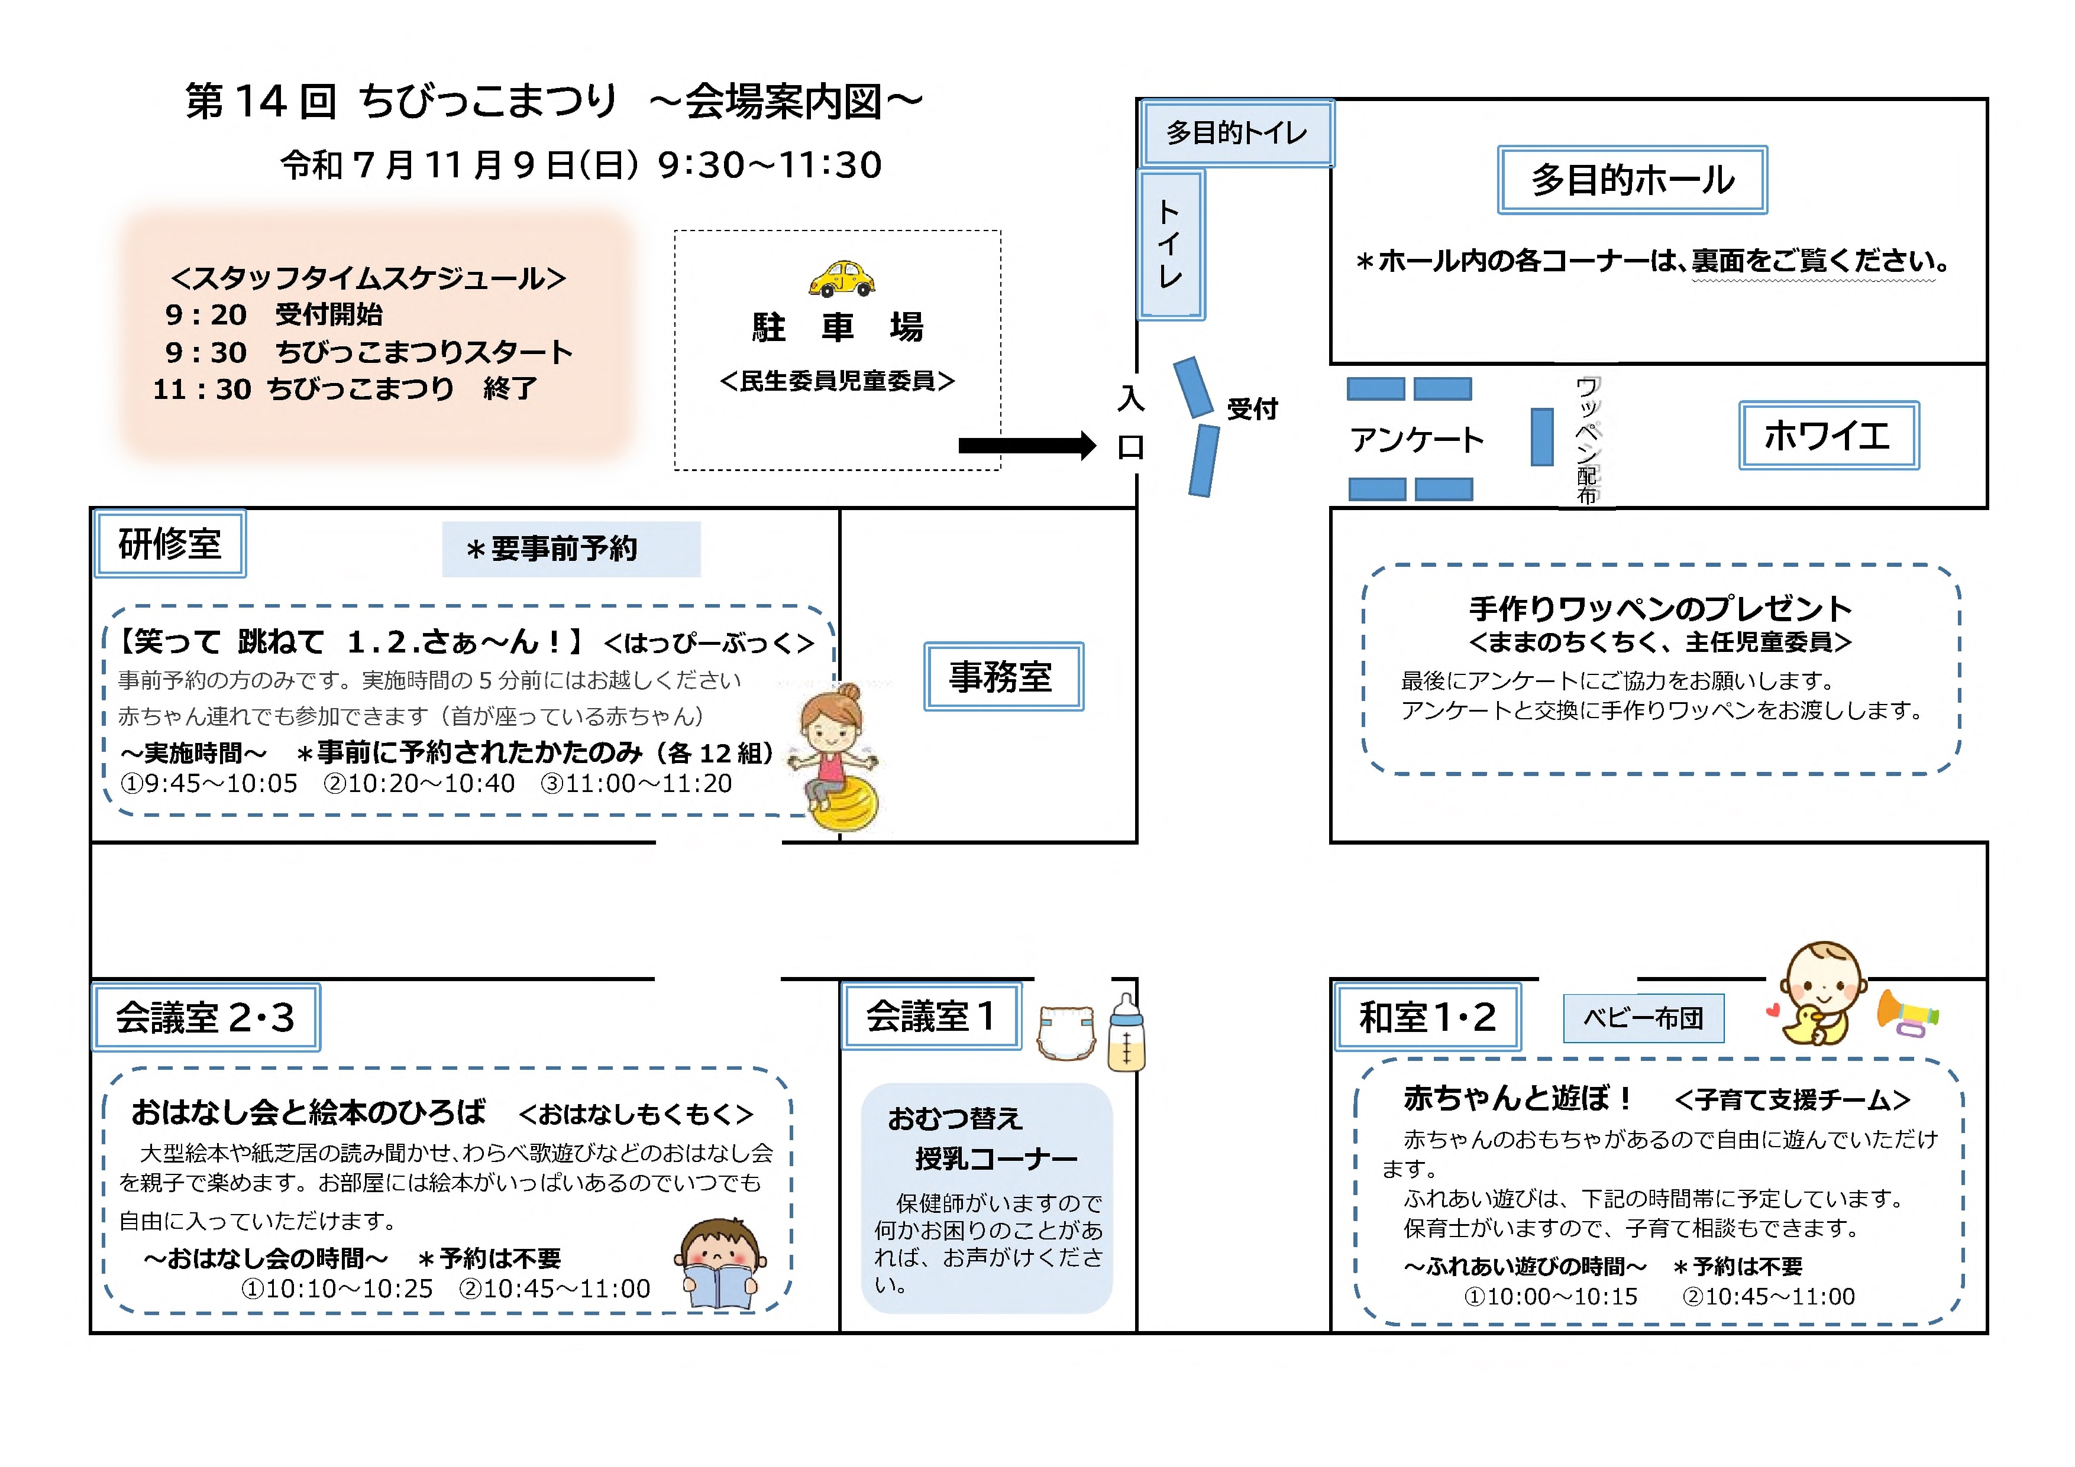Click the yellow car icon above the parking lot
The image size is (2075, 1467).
click(x=841, y=279)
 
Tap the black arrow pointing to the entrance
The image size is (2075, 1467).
click(x=1026, y=444)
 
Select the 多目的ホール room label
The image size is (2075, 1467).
click(x=1631, y=180)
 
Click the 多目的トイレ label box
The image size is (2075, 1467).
click(x=1236, y=133)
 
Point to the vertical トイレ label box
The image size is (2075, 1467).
click(x=1171, y=244)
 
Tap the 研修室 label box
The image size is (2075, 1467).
click(x=170, y=544)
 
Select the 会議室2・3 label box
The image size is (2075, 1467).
click(x=206, y=1017)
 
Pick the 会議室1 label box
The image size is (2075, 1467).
click(x=931, y=1016)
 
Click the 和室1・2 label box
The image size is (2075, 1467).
click(x=1427, y=1017)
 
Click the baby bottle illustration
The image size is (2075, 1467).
click(x=1126, y=1034)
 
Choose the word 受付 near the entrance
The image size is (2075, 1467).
click(x=1252, y=409)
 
